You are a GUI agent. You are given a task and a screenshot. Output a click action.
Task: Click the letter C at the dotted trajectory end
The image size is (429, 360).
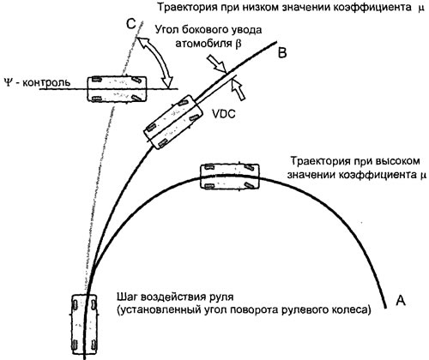(131, 25)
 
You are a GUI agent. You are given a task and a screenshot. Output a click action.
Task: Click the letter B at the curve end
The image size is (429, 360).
(282, 53)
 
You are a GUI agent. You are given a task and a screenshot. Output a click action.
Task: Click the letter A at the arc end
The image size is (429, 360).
(401, 300)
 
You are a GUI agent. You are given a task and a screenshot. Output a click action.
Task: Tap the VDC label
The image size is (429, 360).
(224, 114)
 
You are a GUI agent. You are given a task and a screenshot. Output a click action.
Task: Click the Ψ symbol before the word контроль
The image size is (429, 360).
(9, 82)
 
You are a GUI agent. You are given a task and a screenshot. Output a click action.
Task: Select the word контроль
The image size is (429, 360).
(46, 83)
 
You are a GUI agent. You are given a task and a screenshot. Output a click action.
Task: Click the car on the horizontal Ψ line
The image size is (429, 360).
(117, 89)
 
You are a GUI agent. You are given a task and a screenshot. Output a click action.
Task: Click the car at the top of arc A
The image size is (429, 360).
(229, 177)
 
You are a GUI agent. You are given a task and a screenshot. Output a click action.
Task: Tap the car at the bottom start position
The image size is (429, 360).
(84, 325)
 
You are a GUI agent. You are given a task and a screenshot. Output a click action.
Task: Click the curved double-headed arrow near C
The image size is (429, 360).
(155, 63)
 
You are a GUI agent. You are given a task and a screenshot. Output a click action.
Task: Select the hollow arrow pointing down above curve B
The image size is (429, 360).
(217, 63)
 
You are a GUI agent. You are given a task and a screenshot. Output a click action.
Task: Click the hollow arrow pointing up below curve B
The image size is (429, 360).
(239, 90)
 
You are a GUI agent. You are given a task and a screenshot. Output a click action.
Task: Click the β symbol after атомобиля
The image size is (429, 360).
(239, 45)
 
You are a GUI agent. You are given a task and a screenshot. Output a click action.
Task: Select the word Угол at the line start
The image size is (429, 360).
(166, 30)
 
